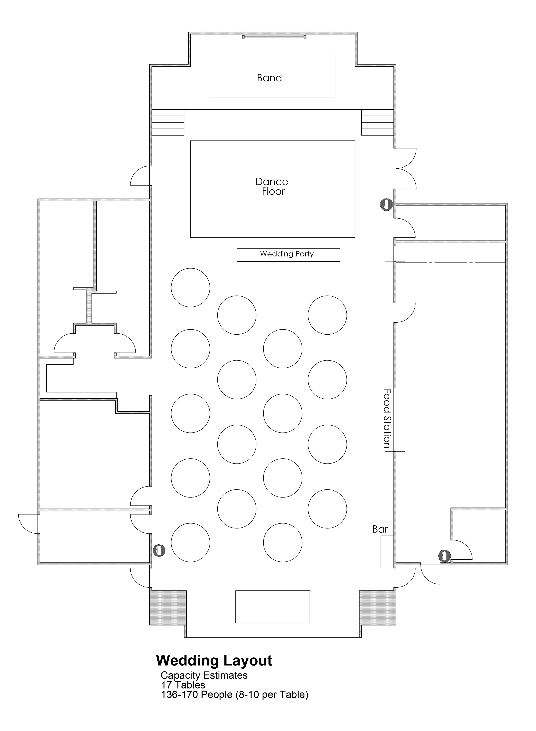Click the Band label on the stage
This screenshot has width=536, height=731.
click(x=269, y=78)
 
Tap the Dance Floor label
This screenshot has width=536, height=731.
click(x=272, y=186)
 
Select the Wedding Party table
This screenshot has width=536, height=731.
click(x=288, y=255)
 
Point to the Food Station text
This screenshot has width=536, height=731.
click(x=387, y=419)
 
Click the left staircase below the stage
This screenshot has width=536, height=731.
click(x=168, y=122)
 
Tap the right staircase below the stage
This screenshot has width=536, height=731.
click(x=378, y=122)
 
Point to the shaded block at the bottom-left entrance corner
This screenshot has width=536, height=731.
click(x=168, y=608)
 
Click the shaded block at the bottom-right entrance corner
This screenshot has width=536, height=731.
click(x=378, y=608)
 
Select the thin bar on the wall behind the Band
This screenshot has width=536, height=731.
click(x=274, y=37)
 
